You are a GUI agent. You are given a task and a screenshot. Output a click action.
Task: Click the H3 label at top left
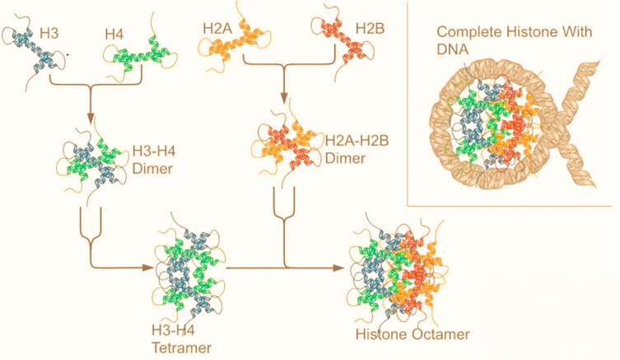(49, 35)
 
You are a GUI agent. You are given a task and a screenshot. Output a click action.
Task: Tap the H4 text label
(114, 35)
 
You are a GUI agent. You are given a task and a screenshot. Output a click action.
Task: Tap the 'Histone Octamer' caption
(401, 335)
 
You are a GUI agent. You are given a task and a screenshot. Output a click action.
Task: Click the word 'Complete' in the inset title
(465, 32)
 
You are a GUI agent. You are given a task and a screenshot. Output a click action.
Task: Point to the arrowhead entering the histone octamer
(339, 268)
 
